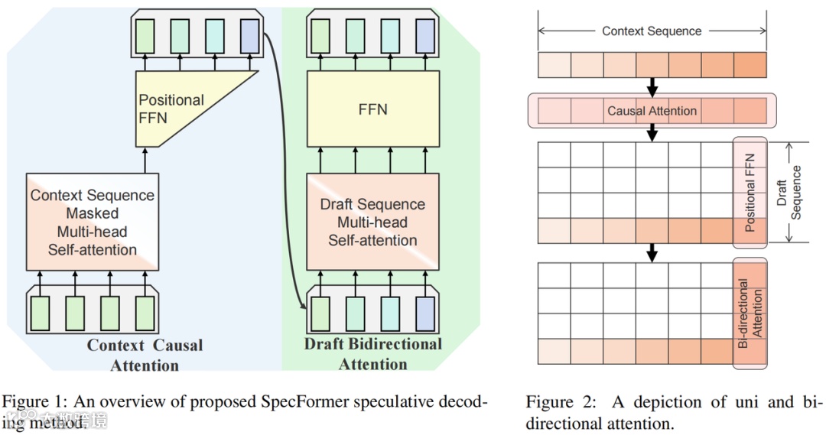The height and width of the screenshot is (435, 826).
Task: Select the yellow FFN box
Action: pyautogui.click(x=373, y=109)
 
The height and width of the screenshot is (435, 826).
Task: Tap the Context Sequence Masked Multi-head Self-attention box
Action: pyautogui.click(x=92, y=222)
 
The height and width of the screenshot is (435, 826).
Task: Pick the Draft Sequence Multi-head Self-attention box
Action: pyautogui.click(x=373, y=222)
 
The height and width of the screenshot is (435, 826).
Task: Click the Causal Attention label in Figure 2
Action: pyautogui.click(x=652, y=111)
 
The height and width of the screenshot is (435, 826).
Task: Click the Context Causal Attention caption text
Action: pyautogui.click(x=145, y=355)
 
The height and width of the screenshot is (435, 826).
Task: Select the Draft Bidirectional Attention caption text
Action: pyautogui.click(x=373, y=354)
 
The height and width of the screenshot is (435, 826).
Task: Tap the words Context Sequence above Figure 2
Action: pyautogui.click(x=652, y=31)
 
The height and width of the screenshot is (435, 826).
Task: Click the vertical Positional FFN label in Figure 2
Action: pyautogui.click(x=750, y=193)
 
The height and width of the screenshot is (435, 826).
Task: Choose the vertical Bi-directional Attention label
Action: pyautogui.click(x=750, y=313)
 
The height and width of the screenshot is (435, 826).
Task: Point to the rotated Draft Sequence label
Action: pyautogui.click(x=789, y=193)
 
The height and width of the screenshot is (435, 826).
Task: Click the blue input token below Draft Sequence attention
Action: pyautogui.click(x=425, y=313)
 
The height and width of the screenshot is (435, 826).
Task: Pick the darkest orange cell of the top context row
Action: pyautogui.click(x=750, y=66)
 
